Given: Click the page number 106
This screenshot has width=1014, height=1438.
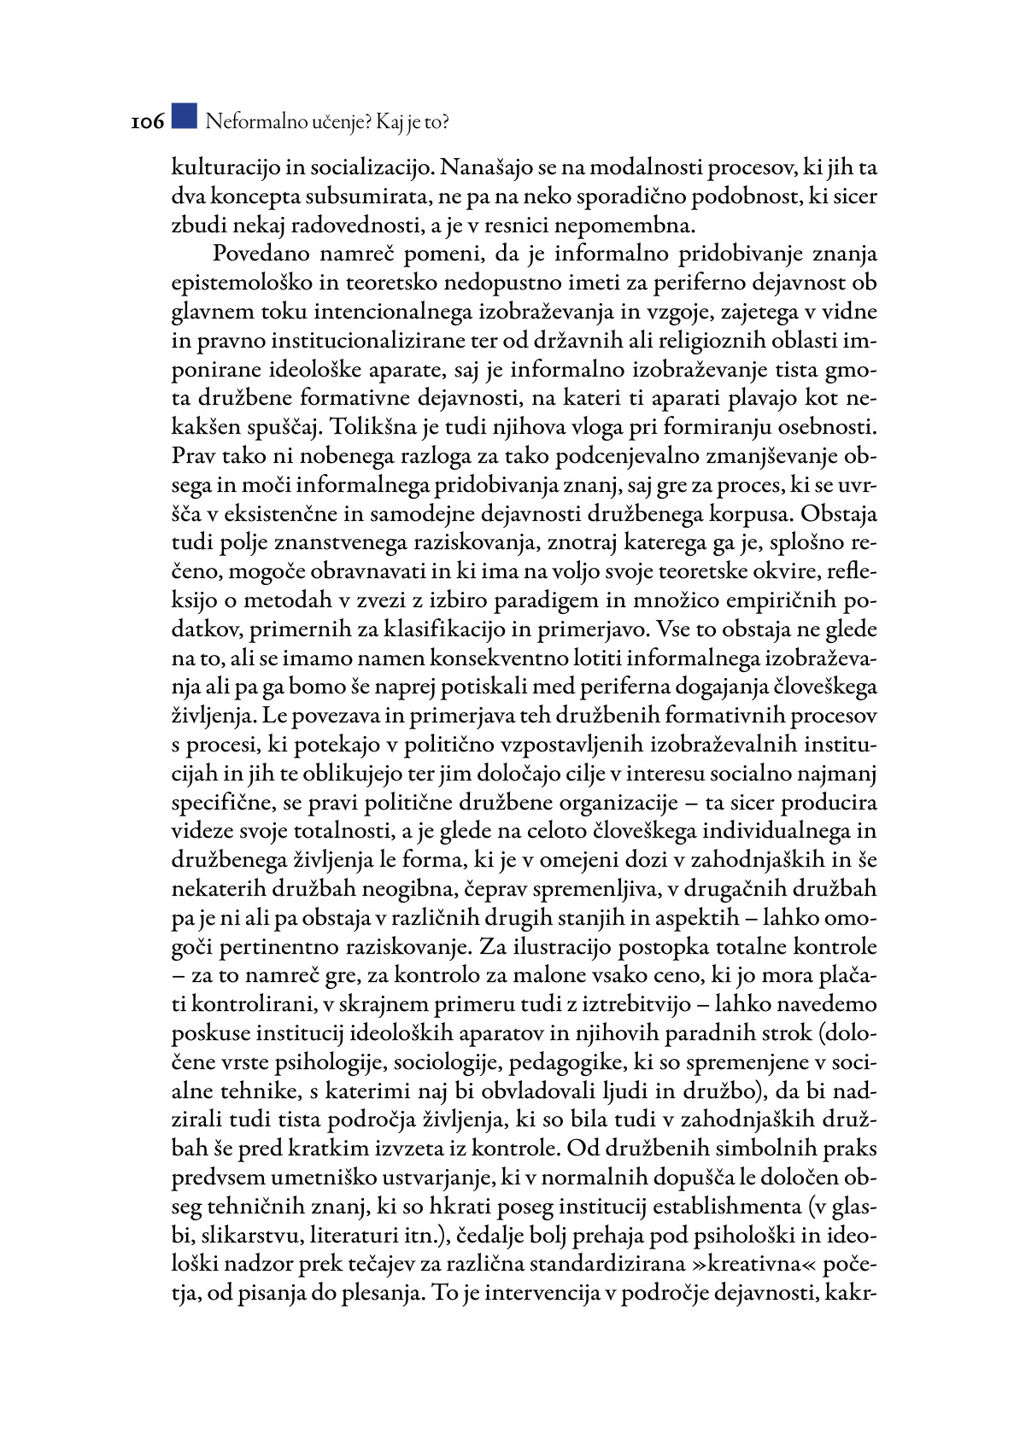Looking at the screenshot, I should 147,122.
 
